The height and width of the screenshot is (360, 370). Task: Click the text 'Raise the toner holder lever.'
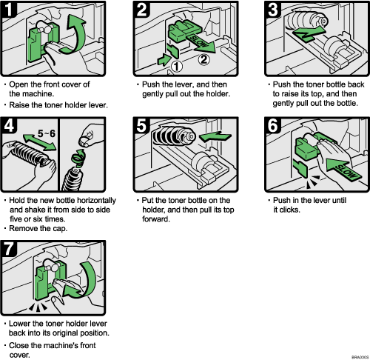point(55,106)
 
